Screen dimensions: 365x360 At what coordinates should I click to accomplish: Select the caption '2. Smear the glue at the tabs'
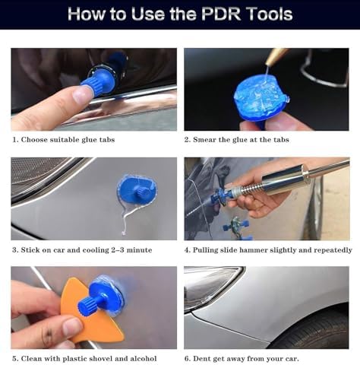[236, 140]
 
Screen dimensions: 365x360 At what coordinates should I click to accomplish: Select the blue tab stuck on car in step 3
[137, 191]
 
